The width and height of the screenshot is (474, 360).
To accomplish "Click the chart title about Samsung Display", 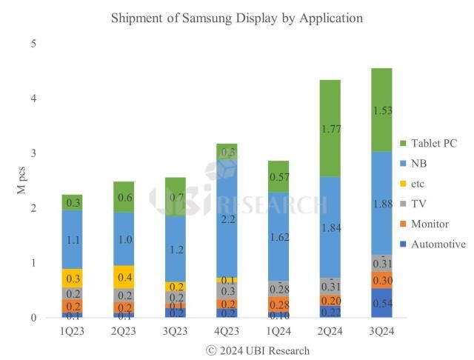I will [237, 17].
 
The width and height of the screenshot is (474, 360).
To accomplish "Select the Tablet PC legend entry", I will [435, 143].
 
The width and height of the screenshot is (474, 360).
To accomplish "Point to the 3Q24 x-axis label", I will [382, 331].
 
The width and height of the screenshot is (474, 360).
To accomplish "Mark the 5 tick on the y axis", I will [33, 44].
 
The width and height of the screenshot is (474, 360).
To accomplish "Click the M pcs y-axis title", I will [21, 181].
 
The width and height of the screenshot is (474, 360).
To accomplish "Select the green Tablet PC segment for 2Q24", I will [329, 127].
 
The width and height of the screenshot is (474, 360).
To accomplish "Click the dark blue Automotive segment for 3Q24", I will [382, 303].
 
